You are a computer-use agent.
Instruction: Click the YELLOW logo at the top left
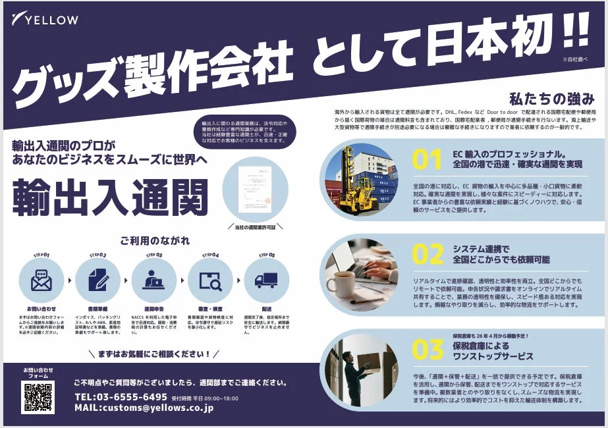pos(45,19)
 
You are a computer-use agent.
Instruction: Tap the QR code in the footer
pos(38,397)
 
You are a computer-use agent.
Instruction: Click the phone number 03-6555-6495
pos(121,397)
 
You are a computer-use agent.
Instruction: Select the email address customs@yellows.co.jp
pos(144,408)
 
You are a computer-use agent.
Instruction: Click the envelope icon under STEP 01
pos(41,280)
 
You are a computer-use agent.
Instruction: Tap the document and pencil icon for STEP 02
pos(97,280)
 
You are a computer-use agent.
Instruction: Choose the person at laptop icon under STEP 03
pos(154,280)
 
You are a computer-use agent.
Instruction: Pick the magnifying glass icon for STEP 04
pos(210,281)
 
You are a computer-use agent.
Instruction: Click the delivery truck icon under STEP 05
pos(266,281)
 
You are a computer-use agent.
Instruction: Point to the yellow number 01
pos(426,160)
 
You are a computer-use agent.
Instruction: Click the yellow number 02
pos(428,255)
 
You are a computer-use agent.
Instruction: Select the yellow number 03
pos(428,350)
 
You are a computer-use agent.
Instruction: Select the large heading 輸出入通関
pos(111,196)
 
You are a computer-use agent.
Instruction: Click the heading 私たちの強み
pos(551,99)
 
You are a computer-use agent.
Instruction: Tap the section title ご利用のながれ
pos(153,240)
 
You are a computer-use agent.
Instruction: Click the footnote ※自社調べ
pos(574,59)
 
